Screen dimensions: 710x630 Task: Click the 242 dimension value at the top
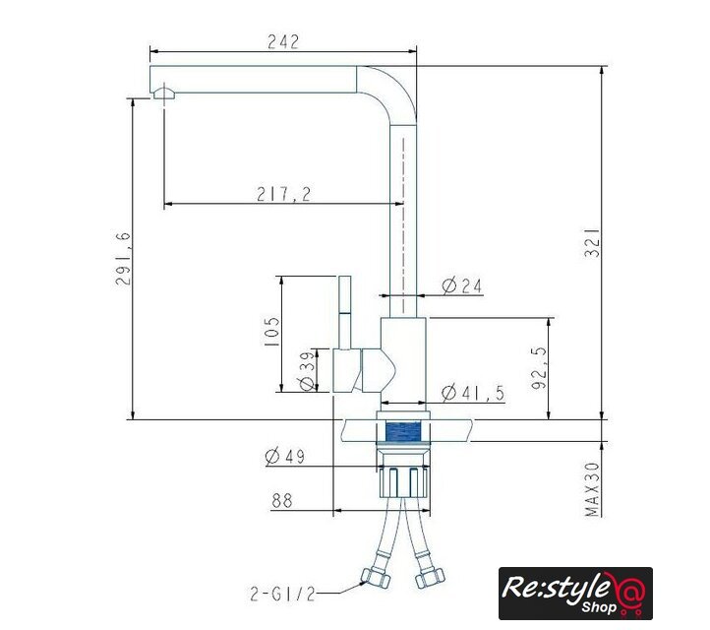point(283,41)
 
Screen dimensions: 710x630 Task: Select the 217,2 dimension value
point(284,194)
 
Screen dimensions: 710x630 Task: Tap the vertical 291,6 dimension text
point(123,258)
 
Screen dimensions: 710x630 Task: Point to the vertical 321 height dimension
point(592,242)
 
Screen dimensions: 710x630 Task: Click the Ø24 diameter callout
point(462,286)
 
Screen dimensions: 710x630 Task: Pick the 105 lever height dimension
point(271,332)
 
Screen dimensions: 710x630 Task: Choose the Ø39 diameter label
point(308,371)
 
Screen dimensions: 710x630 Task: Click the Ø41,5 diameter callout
point(473,393)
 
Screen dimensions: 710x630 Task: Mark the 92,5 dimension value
point(539,368)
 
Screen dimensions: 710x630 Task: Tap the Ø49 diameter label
point(285,456)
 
